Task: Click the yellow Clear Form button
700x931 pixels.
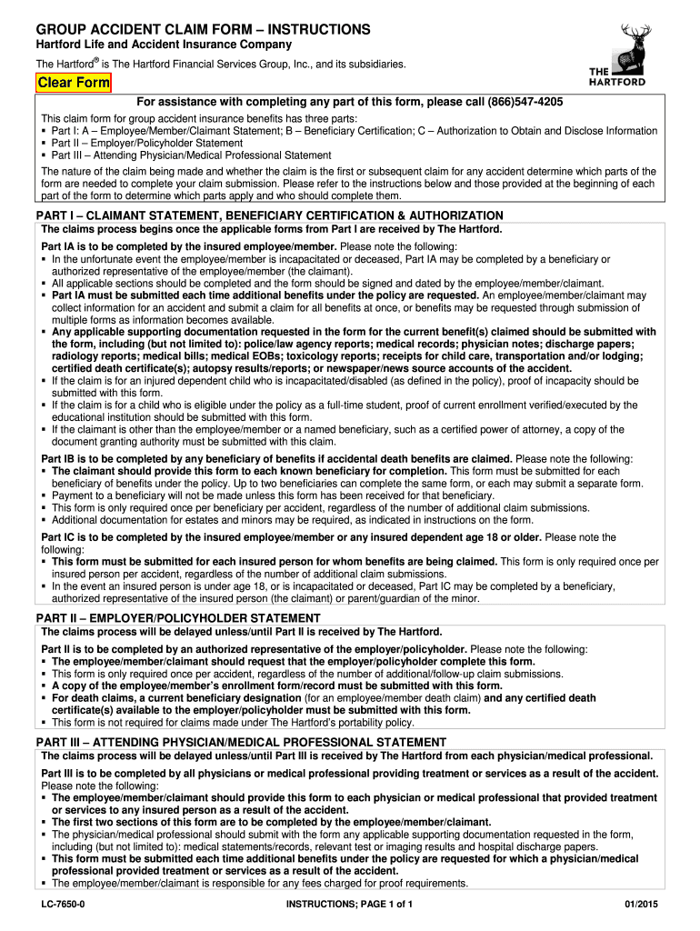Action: [x=74, y=84]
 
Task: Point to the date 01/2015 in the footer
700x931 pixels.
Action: [x=641, y=905]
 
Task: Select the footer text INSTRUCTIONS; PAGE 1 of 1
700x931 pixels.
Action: [x=350, y=905]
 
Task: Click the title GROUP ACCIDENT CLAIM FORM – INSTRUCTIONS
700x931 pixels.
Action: [x=203, y=30]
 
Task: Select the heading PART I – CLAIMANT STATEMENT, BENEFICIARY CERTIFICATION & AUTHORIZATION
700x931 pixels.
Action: [x=269, y=215]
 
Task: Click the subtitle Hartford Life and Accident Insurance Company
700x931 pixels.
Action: [x=164, y=45]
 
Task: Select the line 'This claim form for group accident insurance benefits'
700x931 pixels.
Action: [x=182, y=118]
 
